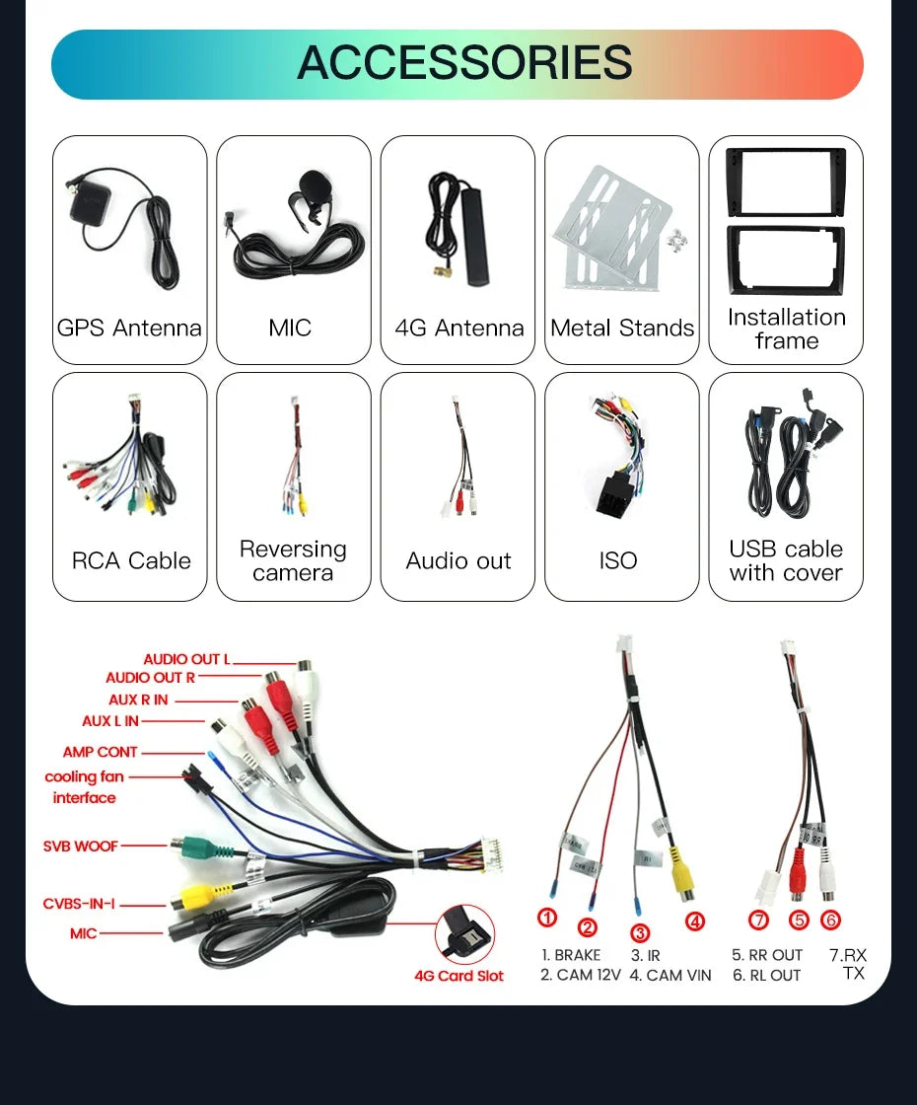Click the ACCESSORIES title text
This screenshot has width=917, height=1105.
pyautogui.click(x=464, y=62)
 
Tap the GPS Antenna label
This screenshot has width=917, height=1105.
pyautogui.click(x=129, y=328)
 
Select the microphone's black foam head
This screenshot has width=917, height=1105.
pyautogui.click(x=313, y=184)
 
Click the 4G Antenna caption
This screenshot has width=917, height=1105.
pyautogui.click(x=458, y=328)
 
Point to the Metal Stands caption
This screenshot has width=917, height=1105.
pyautogui.click(x=622, y=328)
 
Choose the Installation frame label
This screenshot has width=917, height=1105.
pyautogui.click(x=787, y=330)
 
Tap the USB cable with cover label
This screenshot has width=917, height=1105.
pyautogui.click(x=786, y=560)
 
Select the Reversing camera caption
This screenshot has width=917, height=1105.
pyautogui.click(x=293, y=560)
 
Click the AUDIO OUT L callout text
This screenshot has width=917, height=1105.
pyautogui.click(x=186, y=659)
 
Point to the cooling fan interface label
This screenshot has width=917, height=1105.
pyautogui.click(x=84, y=787)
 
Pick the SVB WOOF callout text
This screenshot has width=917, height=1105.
pyautogui.click(x=80, y=846)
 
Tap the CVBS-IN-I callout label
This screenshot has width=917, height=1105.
pyautogui.click(x=79, y=904)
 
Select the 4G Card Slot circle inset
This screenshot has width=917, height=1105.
pyautogui.click(x=464, y=935)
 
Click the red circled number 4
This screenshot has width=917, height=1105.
pyautogui.click(x=695, y=921)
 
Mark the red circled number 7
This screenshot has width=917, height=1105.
pyautogui.click(x=758, y=920)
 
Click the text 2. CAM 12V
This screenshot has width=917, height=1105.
pyautogui.click(x=581, y=976)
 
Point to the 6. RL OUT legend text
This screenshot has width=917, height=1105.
pyautogui.click(x=766, y=976)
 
